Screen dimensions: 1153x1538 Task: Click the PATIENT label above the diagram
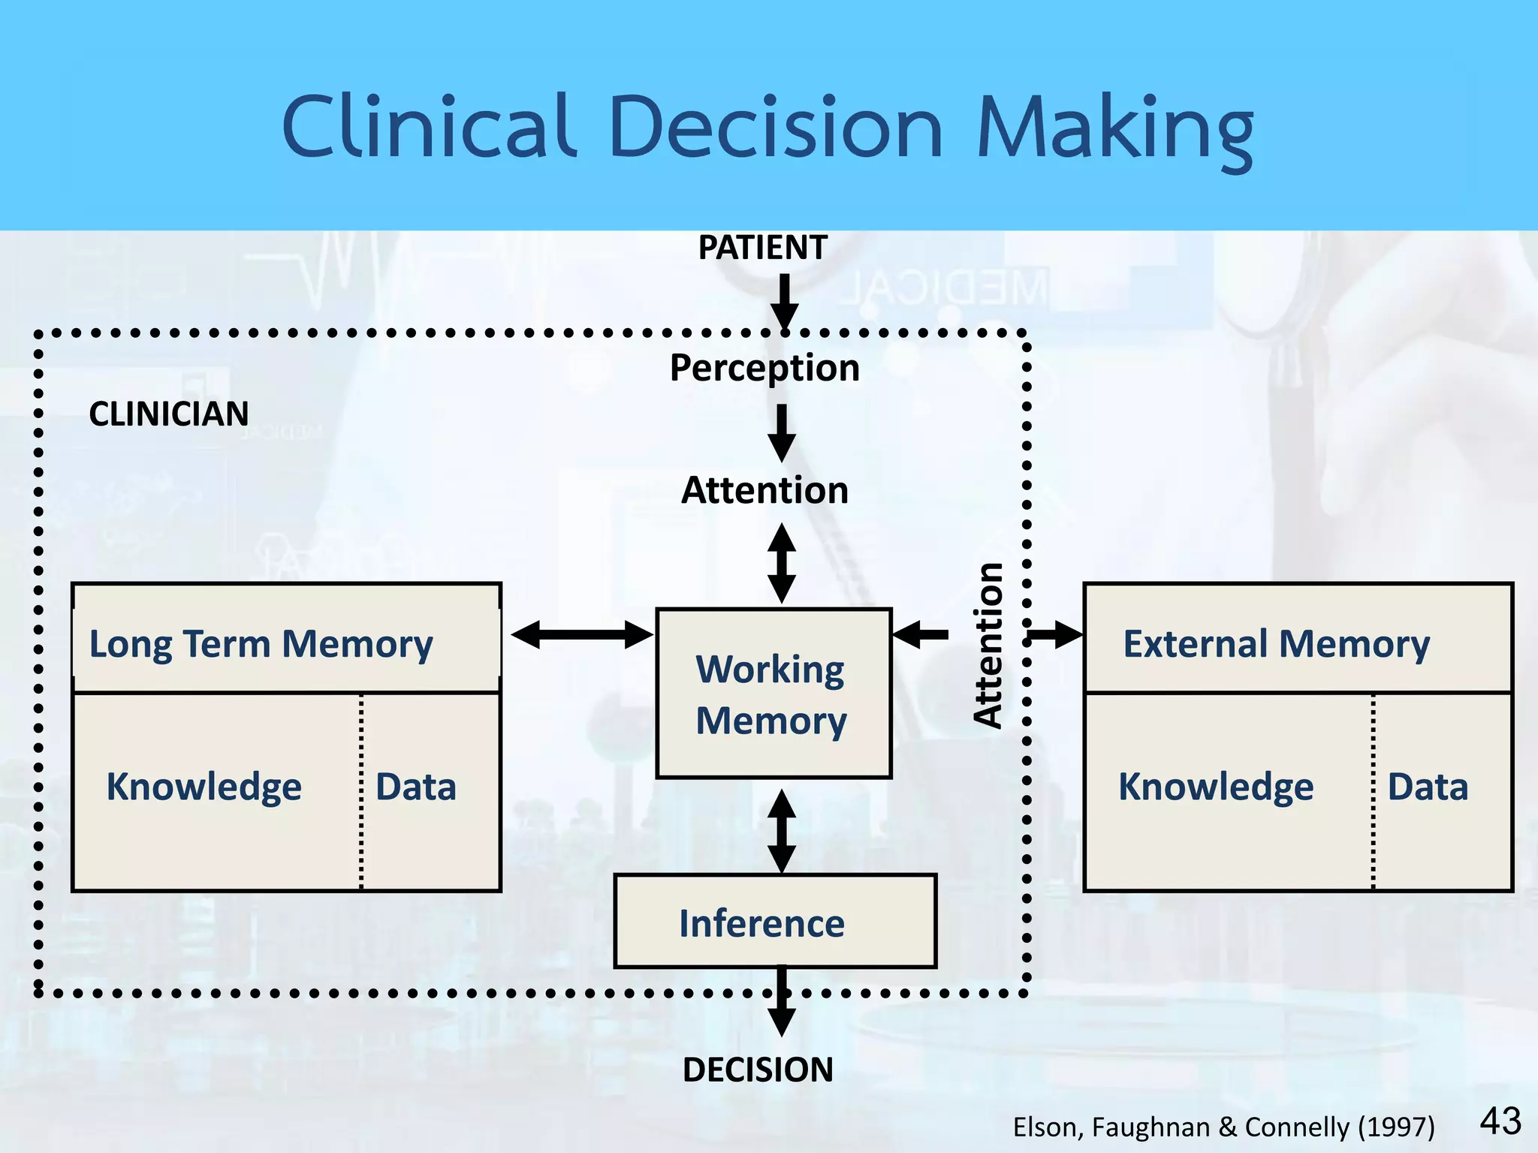(x=762, y=248)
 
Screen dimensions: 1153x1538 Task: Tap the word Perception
(x=764, y=368)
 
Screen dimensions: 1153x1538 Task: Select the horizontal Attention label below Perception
(x=764, y=490)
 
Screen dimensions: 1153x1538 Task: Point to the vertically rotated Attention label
(x=988, y=646)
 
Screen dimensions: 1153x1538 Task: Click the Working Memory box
(x=774, y=694)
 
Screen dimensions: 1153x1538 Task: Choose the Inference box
(x=775, y=922)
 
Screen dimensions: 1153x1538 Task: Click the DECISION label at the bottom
(x=758, y=1070)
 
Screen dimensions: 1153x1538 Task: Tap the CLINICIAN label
(x=168, y=414)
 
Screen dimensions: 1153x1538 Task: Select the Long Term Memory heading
(x=261, y=644)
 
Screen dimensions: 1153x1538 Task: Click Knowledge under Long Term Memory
(x=204, y=787)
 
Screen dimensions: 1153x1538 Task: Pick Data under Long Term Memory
(x=415, y=787)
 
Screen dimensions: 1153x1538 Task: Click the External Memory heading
(x=1276, y=644)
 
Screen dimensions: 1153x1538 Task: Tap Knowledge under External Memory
(x=1216, y=787)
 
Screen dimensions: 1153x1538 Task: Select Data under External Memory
(x=1427, y=787)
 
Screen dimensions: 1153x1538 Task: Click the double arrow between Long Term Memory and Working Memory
(x=581, y=634)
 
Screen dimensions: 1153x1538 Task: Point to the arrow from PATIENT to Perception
(x=784, y=300)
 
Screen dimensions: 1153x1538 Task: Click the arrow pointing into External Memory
(x=1055, y=634)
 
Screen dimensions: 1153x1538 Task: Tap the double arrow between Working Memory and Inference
(x=782, y=830)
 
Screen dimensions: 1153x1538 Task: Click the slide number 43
(x=1500, y=1121)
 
